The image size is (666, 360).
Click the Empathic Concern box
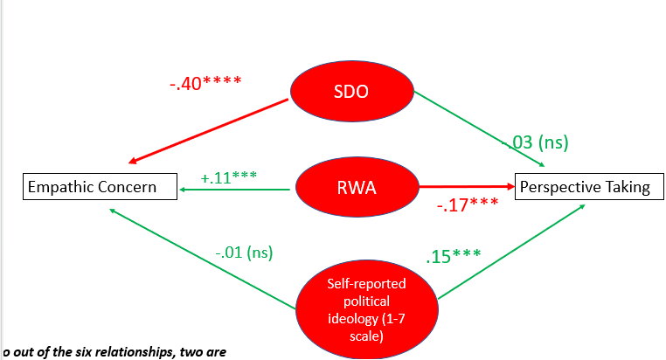click(92, 186)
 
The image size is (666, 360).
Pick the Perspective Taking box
click(583, 186)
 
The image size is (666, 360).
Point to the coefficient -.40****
click(205, 84)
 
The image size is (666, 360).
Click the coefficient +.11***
click(228, 177)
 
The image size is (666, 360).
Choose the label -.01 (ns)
click(244, 253)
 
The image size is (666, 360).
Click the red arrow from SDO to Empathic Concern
click(210, 131)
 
